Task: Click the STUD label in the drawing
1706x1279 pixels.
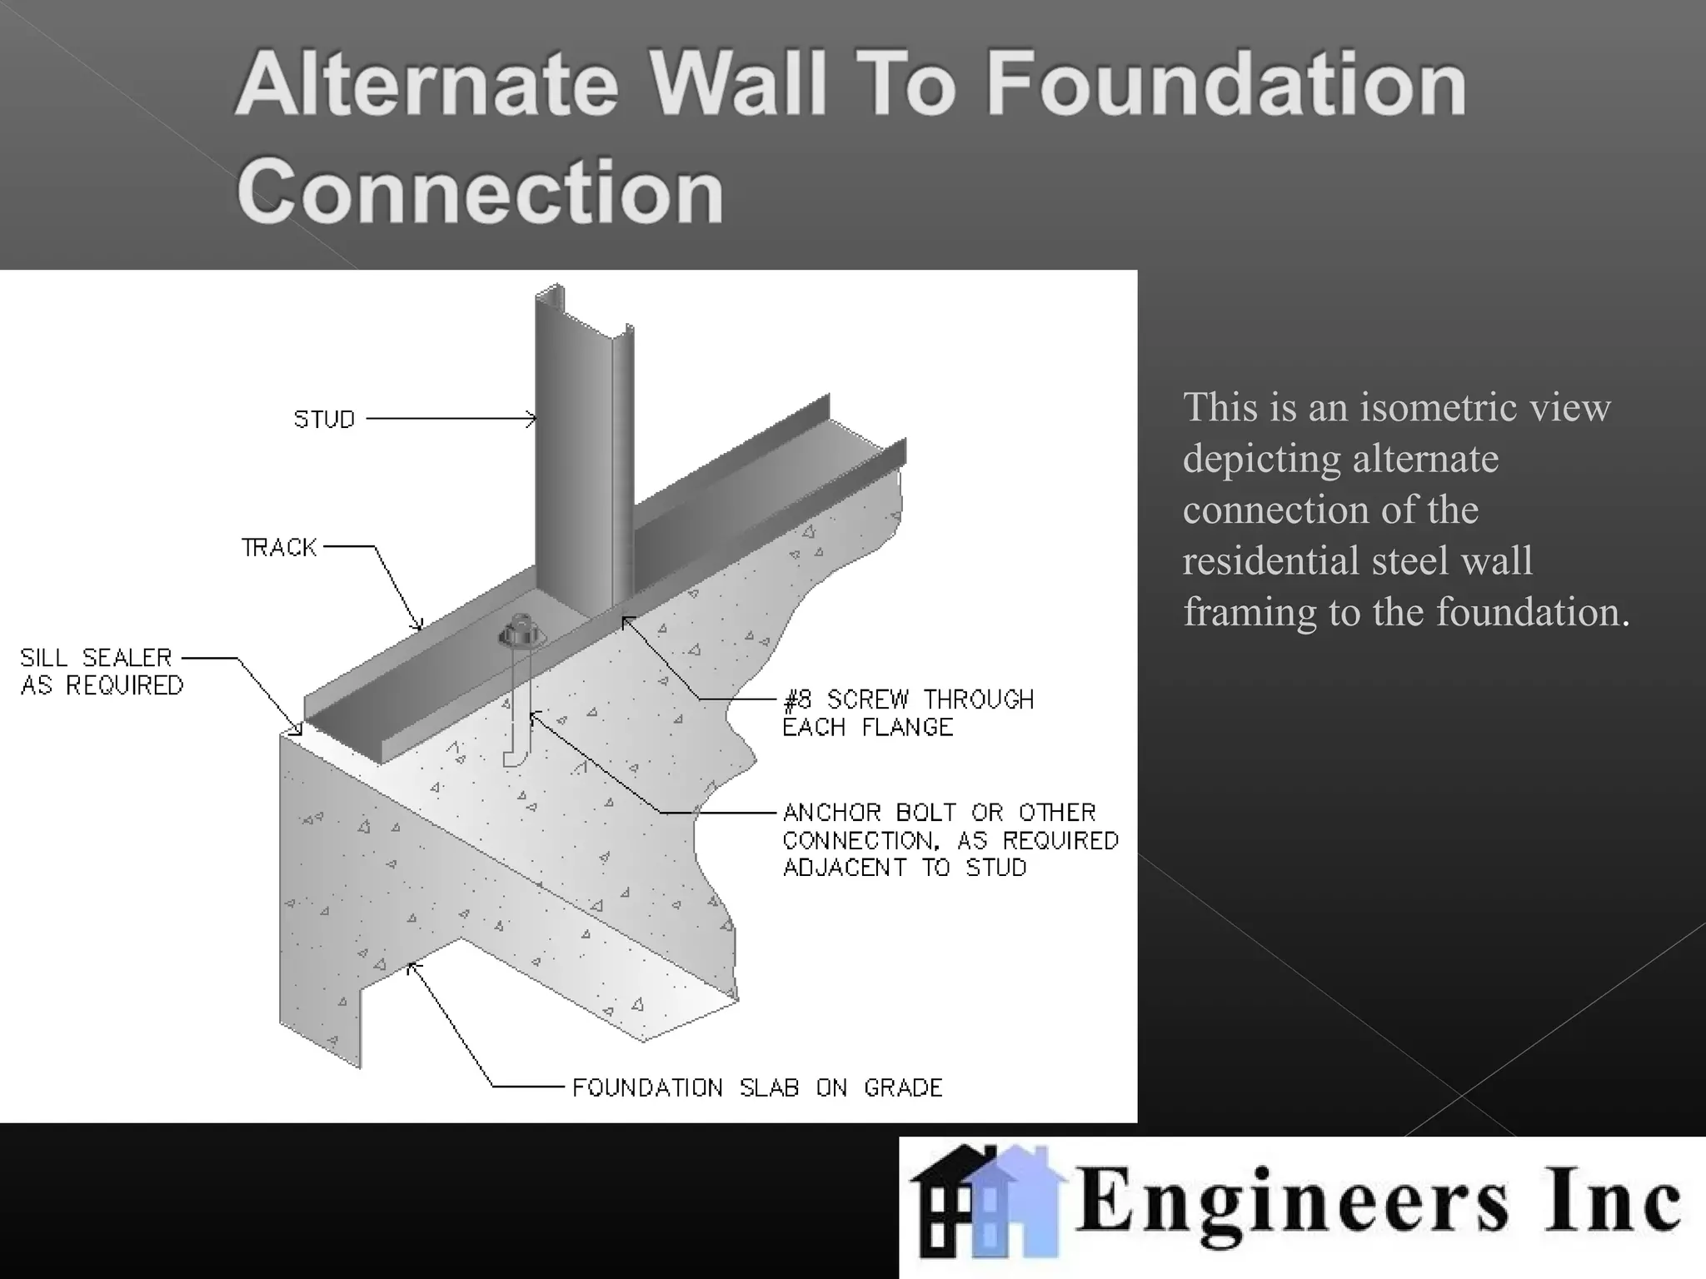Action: [x=324, y=419]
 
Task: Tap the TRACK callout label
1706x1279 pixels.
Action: [x=279, y=547]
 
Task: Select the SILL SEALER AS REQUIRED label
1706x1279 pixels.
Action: [x=101, y=671]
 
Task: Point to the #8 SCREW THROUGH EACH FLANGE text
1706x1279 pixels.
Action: [x=908, y=713]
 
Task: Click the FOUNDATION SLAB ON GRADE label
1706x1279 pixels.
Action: [x=757, y=1087]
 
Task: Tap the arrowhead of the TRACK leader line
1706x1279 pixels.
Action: [x=419, y=625]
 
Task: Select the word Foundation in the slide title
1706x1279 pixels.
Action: [x=1226, y=85]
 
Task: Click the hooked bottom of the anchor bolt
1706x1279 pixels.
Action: [x=515, y=759]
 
